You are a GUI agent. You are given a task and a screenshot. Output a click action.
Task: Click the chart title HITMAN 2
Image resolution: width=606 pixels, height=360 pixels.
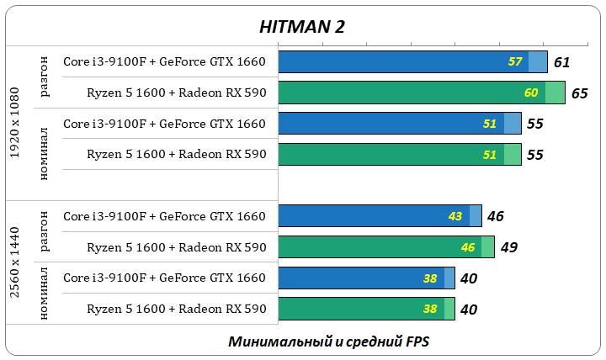coord(301,26)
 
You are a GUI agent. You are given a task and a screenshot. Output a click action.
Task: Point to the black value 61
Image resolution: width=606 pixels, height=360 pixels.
coord(562,62)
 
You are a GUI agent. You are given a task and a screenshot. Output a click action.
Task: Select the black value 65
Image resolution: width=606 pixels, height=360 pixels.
coord(579,93)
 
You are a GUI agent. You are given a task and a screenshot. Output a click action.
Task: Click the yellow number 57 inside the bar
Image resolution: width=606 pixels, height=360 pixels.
coord(516,62)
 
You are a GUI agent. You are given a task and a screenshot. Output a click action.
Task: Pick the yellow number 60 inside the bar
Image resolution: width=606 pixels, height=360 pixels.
coord(531,93)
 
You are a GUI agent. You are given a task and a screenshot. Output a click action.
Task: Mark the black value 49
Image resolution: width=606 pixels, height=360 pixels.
coord(508,247)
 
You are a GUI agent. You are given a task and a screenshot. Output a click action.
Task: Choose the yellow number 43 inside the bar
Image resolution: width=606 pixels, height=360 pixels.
coord(455,216)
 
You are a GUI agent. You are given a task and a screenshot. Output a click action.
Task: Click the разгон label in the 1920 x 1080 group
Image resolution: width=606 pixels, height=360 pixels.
coord(45,77)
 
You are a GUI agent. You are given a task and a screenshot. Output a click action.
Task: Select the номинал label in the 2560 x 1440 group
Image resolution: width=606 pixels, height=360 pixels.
coord(45,293)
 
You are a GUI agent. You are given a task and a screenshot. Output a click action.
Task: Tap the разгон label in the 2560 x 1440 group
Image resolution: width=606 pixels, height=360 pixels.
coord(45,231)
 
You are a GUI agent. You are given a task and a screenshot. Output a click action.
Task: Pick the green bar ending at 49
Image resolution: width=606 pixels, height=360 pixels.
coord(379,247)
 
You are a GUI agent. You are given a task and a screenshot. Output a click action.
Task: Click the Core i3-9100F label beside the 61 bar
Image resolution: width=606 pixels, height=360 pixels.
coord(164,61)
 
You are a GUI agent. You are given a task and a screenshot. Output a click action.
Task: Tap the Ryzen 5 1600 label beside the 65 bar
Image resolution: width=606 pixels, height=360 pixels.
coord(176,93)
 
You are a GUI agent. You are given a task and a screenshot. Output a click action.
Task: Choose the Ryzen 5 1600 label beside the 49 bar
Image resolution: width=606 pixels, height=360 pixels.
coord(176,247)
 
